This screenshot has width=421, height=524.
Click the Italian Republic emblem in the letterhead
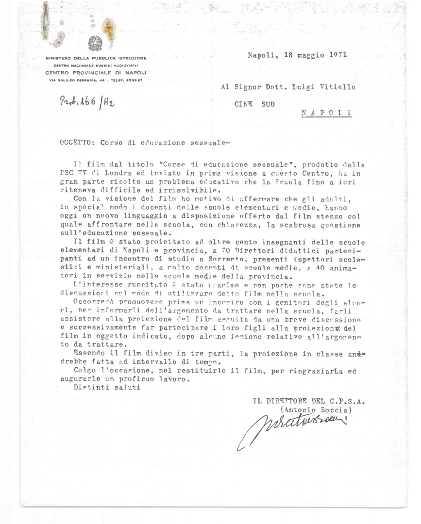pos(95,44)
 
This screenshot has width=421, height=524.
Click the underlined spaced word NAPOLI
pos(326,112)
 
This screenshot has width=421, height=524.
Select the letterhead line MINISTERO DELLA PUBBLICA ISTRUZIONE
pos(96,58)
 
